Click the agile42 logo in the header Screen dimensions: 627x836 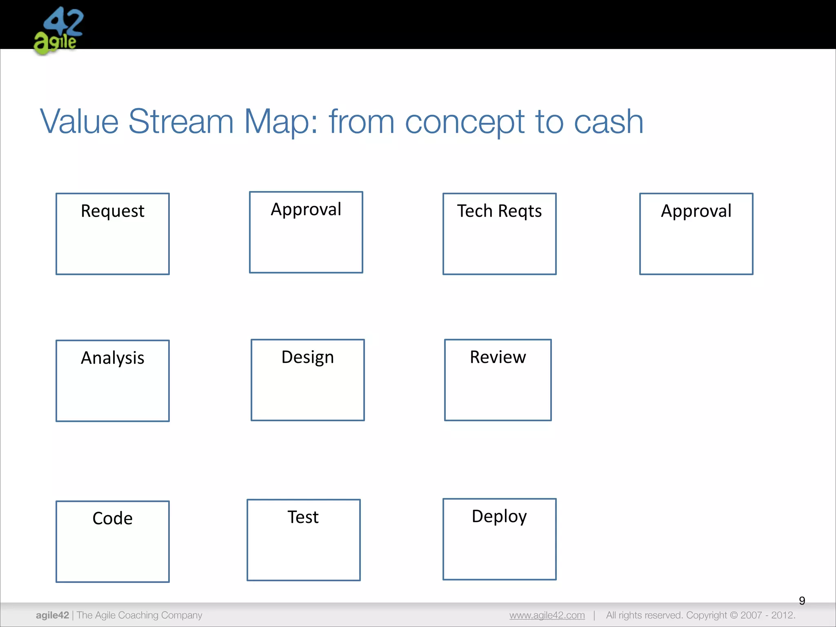(58, 31)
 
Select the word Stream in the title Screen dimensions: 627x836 (180, 122)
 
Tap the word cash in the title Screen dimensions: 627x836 (608, 122)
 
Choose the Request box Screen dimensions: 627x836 (113, 234)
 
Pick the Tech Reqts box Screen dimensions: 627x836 (499, 234)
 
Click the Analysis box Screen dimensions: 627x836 (113, 381)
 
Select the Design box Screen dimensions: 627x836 (307, 380)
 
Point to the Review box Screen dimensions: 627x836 (498, 380)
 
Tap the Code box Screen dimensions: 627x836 (113, 542)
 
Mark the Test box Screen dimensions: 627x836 (303, 540)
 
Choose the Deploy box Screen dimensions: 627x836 (499, 539)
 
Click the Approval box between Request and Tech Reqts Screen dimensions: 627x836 (306, 232)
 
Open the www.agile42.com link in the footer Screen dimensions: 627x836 (547, 615)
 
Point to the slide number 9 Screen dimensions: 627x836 (802, 600)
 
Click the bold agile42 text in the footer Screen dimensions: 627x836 (52, 615)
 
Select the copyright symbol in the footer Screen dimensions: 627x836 (734, 615)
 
